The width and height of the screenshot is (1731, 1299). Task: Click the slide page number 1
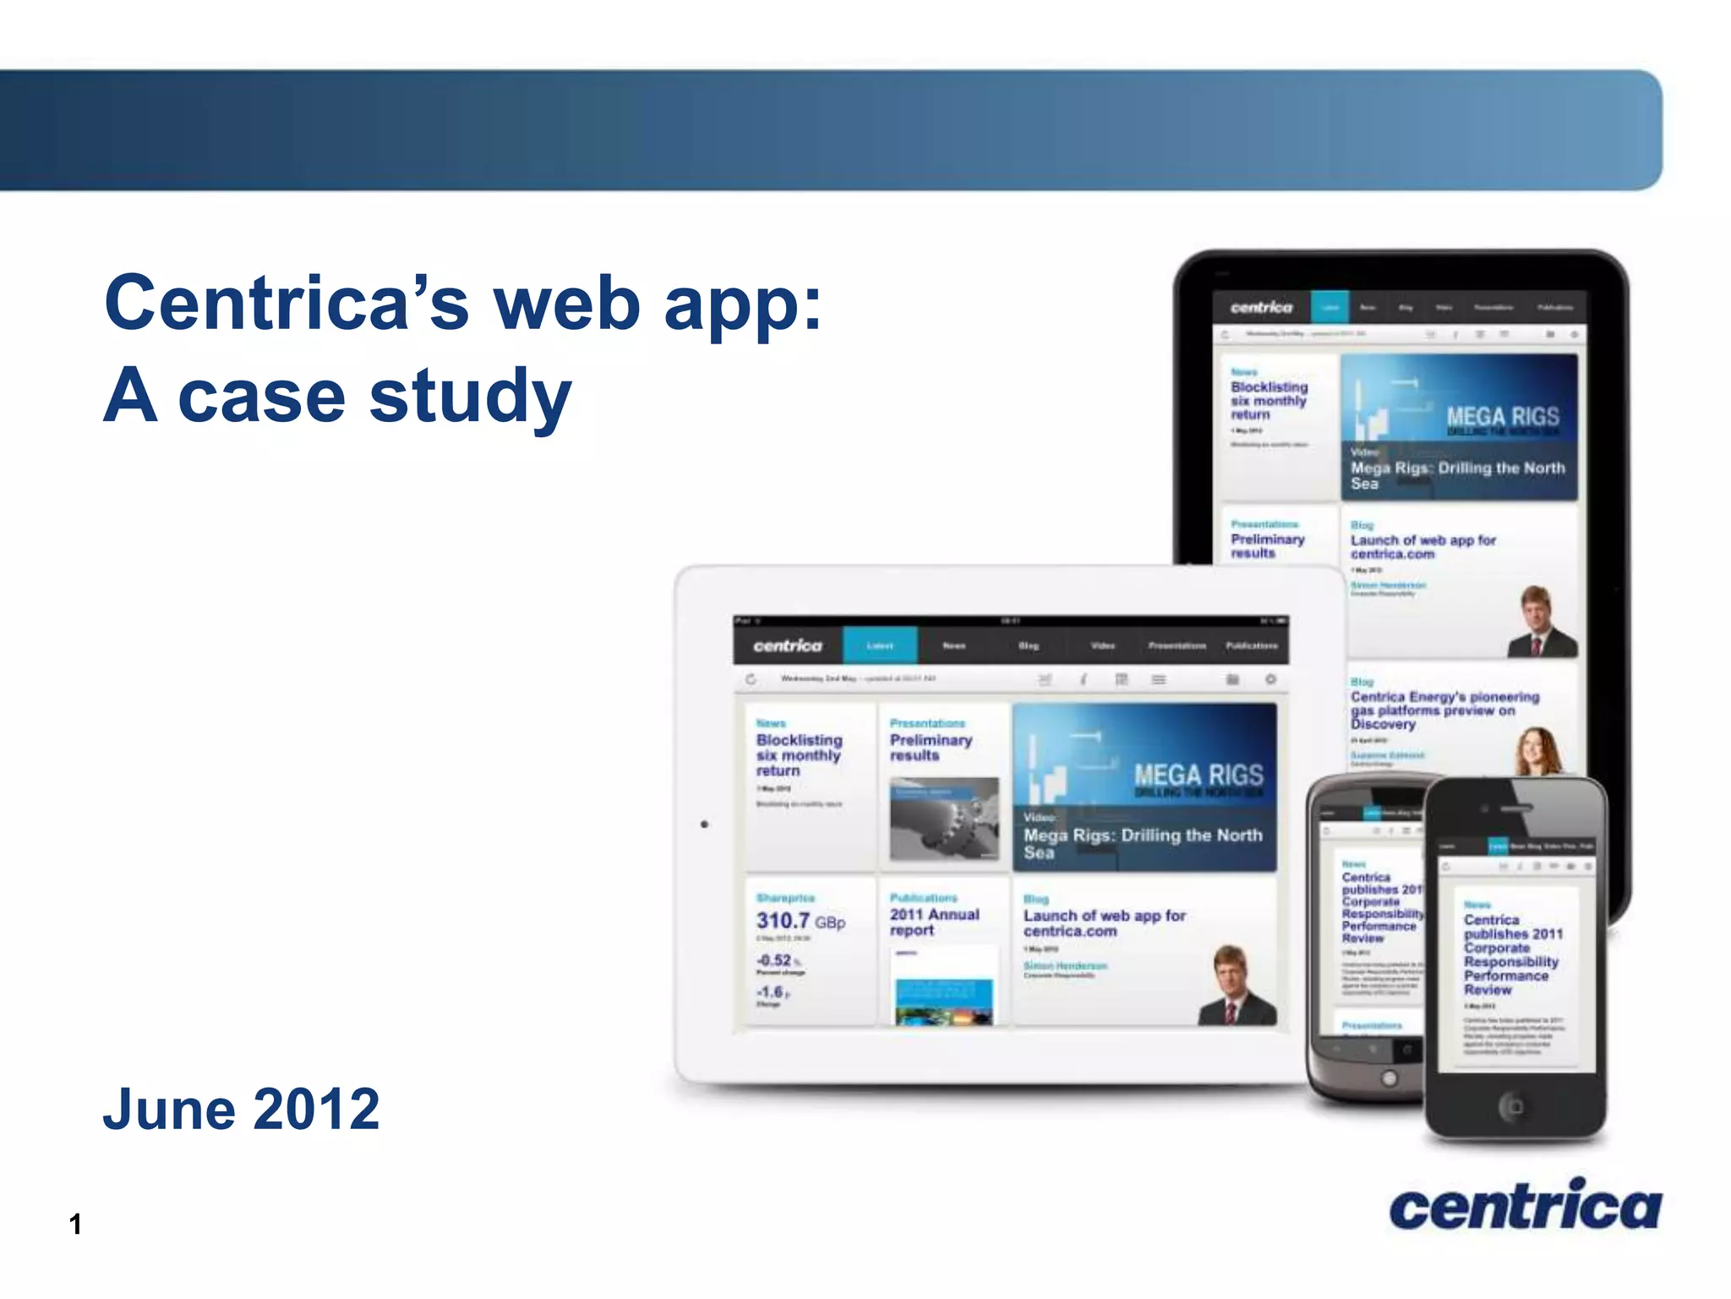(x=75, y=1224)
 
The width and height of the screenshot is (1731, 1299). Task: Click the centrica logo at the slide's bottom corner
(x=1525, y=1205)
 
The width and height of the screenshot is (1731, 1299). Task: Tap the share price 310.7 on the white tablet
(x=784, y=920)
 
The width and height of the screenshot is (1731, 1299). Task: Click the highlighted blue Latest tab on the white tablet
(x=880, y=645)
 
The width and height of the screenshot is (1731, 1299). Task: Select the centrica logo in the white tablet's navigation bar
(x=787, y=645)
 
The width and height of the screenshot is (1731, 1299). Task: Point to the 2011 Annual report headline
(x=933, y=922)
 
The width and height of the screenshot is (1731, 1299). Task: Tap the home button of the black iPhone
(x=1514, y=1106)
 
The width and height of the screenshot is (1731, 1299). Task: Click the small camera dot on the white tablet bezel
(x=704, y=824)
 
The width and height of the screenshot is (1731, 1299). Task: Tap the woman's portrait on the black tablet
(x=1538, y=751)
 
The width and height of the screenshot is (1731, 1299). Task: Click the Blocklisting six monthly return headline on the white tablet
(x=799, y=755)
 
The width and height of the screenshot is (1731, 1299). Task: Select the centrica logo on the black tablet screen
(x=1261, y=308)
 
